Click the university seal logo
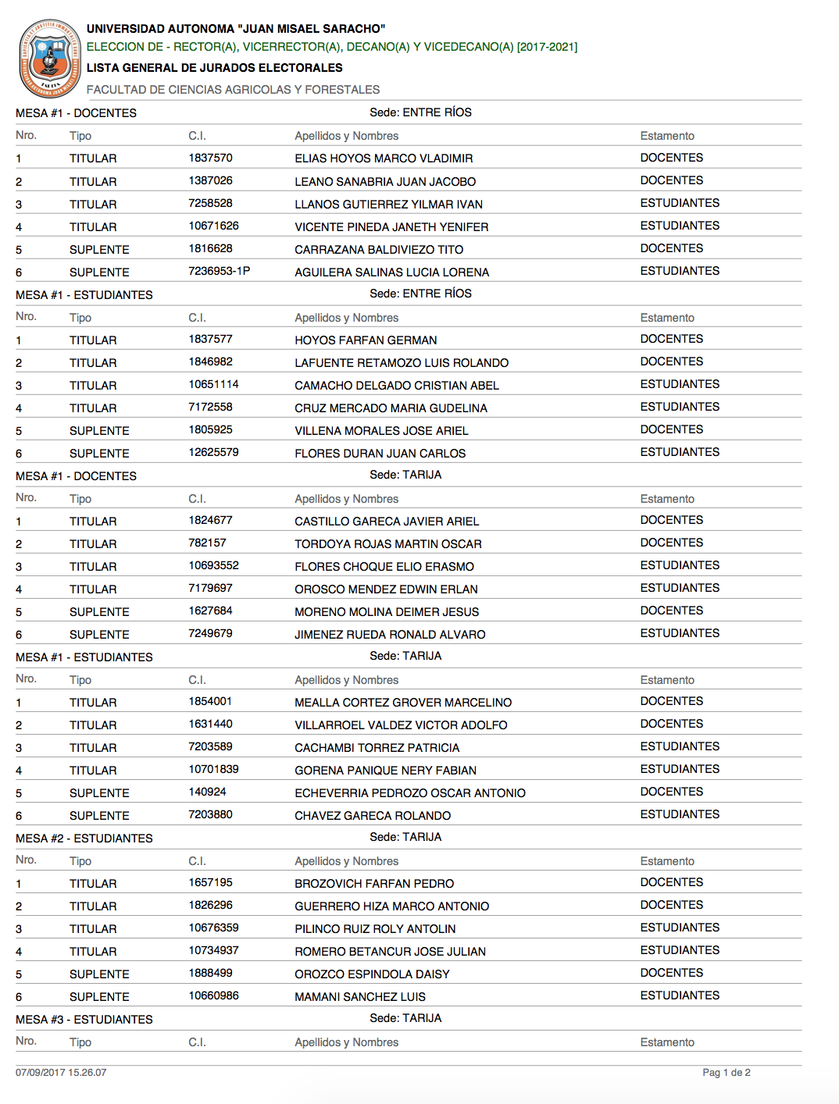(50, 58)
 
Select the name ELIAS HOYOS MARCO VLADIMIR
(384, 158)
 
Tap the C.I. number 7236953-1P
(219, 271)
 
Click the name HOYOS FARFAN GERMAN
(366, 340)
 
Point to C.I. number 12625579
(213, 452)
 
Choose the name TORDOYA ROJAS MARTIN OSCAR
(387, 544)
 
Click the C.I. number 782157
(207, 543)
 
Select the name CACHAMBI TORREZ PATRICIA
(377, 748)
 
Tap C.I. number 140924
(207, 792)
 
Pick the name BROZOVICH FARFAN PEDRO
(374, 884)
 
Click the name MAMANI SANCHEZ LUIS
(360, 997)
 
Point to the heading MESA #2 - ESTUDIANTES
(84, 839)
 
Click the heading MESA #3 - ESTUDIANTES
(84, 1020)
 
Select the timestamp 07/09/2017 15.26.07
(61, 1073)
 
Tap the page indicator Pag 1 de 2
(726, 1073)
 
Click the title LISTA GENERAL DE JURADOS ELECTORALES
(215, 68)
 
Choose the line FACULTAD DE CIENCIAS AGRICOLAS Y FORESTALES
(233, 90)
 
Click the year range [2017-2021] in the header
(547, 47)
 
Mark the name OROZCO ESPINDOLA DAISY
(372, 974)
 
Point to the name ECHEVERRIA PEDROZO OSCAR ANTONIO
(409, 793)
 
